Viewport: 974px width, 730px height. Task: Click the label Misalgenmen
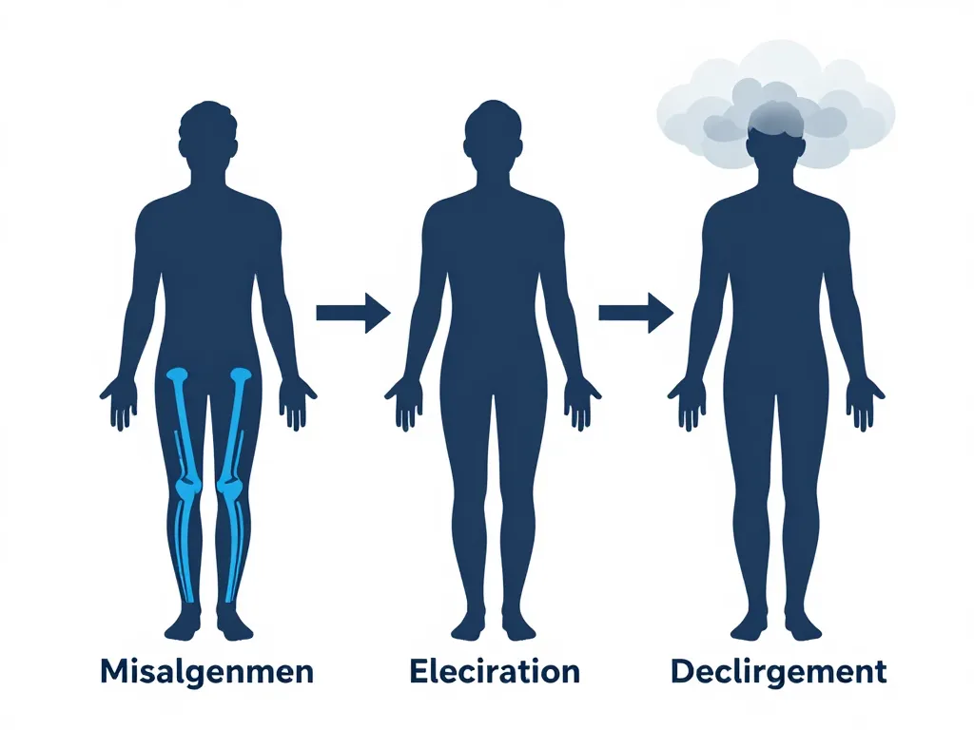click(x=206, y=673)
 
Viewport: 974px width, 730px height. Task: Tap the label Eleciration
click(x=495, y=671)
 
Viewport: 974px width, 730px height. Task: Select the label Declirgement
click(x=778, y=673)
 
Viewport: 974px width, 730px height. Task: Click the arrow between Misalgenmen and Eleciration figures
click(x=354, y=313)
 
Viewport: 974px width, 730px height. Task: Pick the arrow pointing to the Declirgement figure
click(x=636, y=313)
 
